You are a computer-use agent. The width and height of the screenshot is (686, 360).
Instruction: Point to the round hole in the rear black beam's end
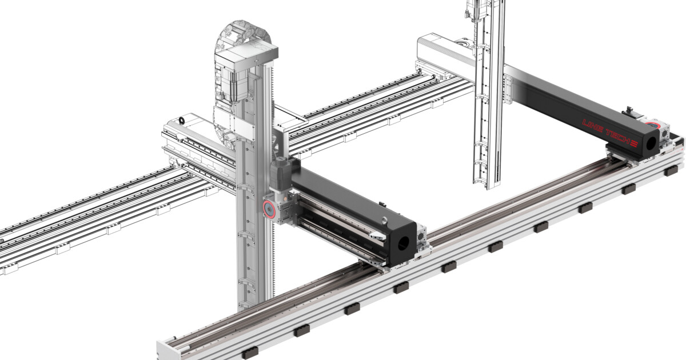651,139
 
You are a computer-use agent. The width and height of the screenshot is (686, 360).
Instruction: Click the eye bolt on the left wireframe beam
181,120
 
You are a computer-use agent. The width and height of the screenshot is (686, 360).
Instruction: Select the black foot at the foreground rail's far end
675,170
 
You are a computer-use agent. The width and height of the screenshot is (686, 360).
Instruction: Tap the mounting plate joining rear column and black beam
505,89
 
